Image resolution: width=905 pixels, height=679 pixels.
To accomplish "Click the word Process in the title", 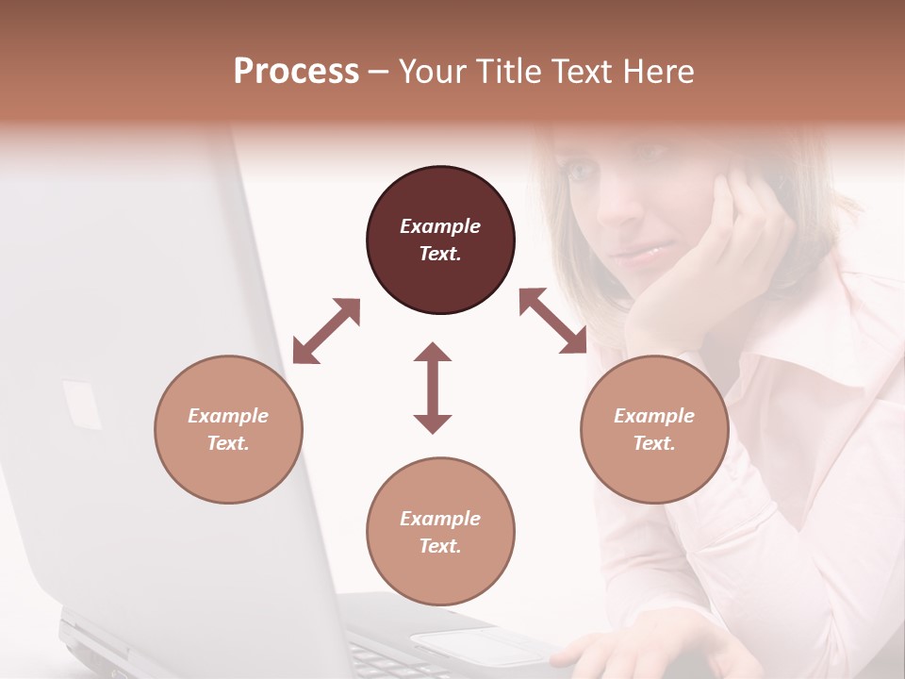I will [x=296, y=72].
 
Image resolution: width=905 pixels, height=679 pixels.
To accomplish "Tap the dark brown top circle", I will [x=440, y=240].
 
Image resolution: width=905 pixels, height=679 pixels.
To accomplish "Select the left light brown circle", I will [x=228, y=429].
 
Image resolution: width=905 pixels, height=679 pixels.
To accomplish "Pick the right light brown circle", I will [x=654, y=429].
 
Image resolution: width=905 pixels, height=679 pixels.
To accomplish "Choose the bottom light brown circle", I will [x=440, y=532].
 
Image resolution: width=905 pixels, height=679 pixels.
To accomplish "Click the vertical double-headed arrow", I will [x=433, y=388].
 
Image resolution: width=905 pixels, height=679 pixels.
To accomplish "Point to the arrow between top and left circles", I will [x=326, y=331].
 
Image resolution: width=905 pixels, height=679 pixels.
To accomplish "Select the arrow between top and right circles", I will [x=553, y=322].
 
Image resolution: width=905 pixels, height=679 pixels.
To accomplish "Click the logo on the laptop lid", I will [x=82, y=405].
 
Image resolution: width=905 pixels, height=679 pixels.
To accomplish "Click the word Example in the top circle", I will [x=440, y=226].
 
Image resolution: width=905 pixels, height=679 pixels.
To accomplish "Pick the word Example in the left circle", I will [x=228, y=416].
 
